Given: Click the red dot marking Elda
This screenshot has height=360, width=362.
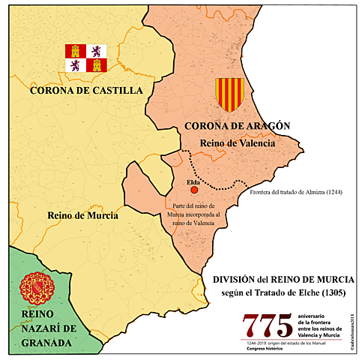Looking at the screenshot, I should point(194,193).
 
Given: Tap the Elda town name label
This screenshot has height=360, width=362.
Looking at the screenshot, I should point(191,182).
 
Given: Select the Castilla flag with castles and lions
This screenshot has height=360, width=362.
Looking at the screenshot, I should point(86,58).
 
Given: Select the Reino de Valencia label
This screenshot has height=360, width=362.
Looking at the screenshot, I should point(238,142).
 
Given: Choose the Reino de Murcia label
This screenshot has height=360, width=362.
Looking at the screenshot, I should point(82,215).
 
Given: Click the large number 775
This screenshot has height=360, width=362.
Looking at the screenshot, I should point(267,325).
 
